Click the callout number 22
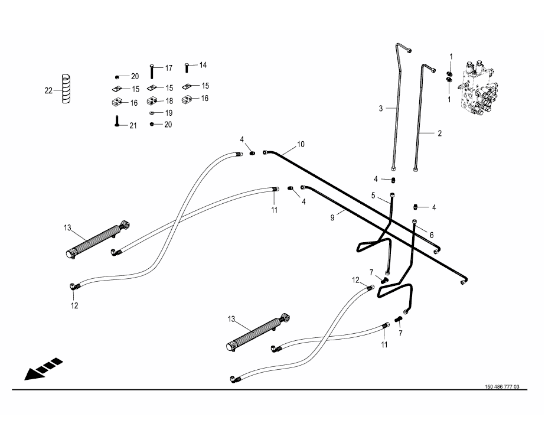pyautogui.click(x=48, y=90)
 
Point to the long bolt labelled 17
pyautogui.click(x=152, y=71)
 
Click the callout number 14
pyautogui.click(x=203, y=65)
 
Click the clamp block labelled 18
pyautogui.click(x=152, y=100)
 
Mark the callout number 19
pyautogui.click(x=168, y=112)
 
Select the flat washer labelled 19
pyautogui.click(x=152, y=112)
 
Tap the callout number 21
pyautogui.click(x=133, y=125)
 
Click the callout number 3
pyautogui.click(x=381, y=108)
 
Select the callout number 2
pyautogui.click(x=439, y=134)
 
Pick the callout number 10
pyautogui.click(x=301, y=144)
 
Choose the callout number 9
pyautogui.click(x=332, y=218)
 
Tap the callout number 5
pyautogui.click(x=373, y=195)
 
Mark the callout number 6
pyautogui.click(x=432, y=235)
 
